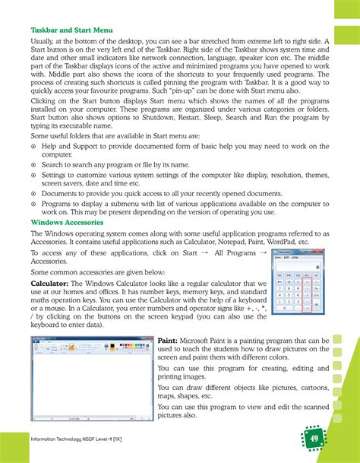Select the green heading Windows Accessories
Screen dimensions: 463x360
65,222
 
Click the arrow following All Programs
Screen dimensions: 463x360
263,252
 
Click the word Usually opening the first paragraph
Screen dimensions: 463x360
44,43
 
